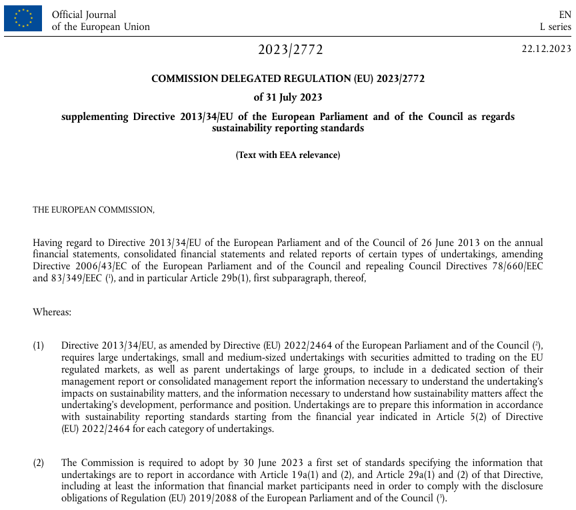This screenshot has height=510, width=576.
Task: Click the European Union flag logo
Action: pyautogui.click(x=23, y=18)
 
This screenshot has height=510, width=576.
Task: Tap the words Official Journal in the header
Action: pyautogui.click(x=84, y=14)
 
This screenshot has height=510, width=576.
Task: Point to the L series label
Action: pyautogui.click(x=555, y=27)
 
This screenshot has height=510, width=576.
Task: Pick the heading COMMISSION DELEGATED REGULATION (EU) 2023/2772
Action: pyautogui.click(x=288, y=78)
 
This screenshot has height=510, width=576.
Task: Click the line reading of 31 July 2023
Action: pyautogui.click(x=288, y=97)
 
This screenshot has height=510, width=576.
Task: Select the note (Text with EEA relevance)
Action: pyautogui.click(x=288, y=155)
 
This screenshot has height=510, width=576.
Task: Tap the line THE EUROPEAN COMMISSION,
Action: pyautogui.click(x=93, y=209)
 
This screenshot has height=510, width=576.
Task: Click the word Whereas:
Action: pyautogui.click(x=52, y=311)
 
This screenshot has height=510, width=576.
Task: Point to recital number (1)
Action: pyautogui.click(x=39, y=345)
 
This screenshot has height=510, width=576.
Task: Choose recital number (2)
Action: pyautogui.click(x=39, y=462)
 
